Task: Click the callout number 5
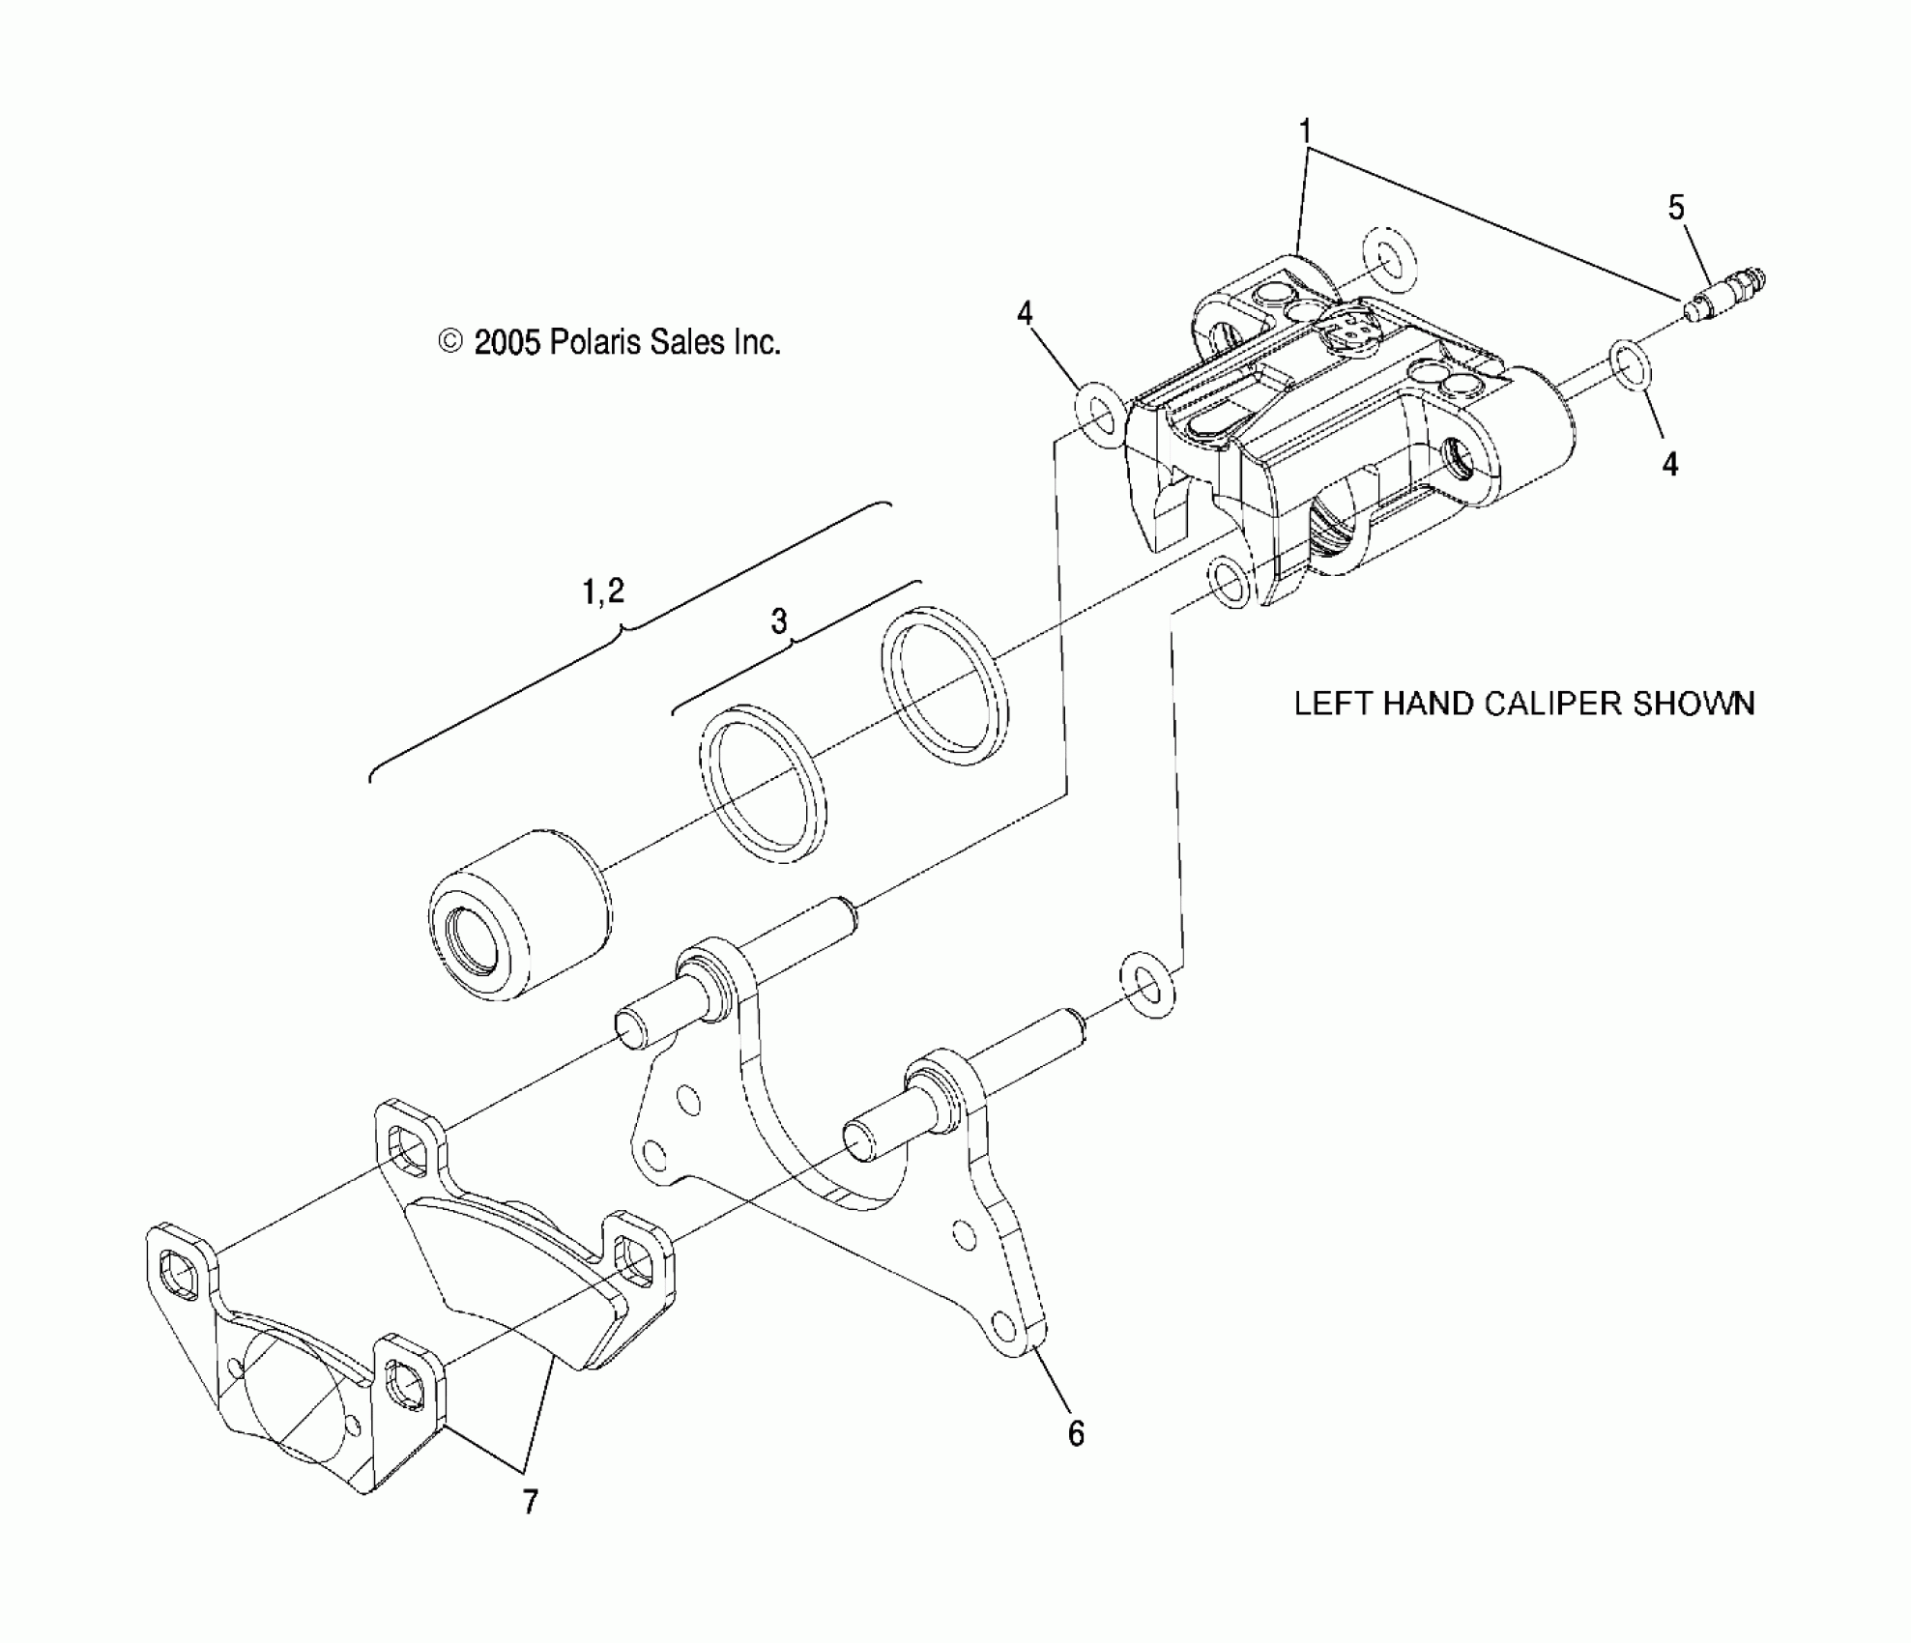1676,208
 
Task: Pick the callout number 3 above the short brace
779,621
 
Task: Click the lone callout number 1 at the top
1305,130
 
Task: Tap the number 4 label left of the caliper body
1025,313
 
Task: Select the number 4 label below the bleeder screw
1669,464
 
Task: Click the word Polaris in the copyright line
592,342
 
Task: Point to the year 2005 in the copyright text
507,342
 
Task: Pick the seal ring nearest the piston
762,783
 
